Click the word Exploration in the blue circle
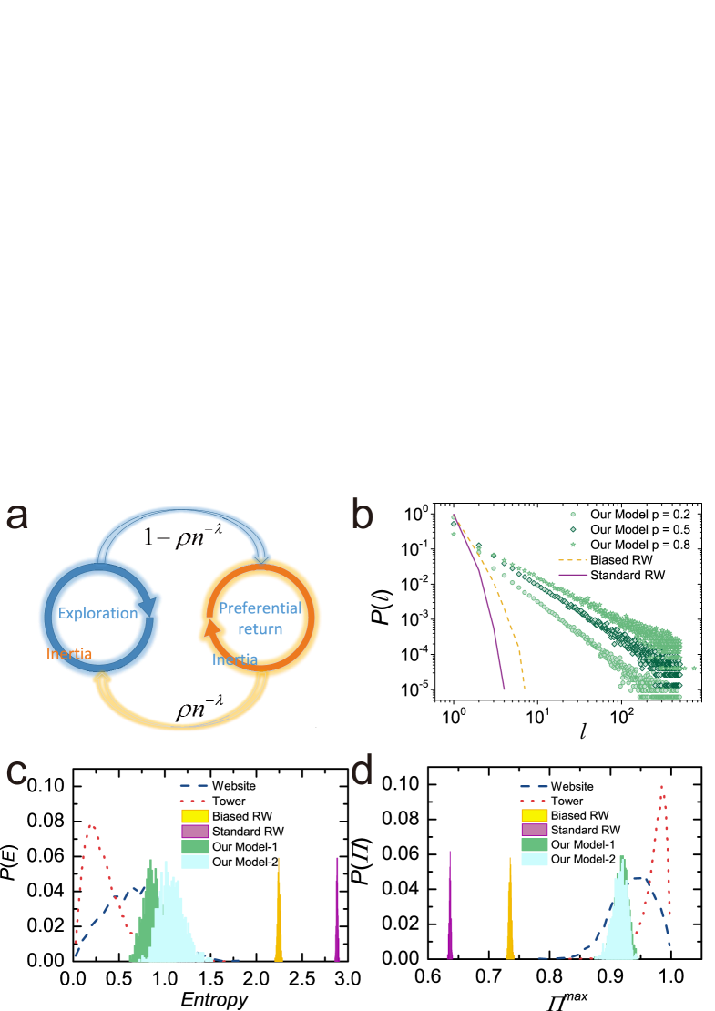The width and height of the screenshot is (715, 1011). coord(97,613)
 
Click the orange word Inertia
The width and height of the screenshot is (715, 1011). coord(68,654)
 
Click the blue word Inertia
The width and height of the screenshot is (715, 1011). coord(235,659)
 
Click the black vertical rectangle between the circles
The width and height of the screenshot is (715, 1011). coord(180,618)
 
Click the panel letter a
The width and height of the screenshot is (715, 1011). coord(17,516)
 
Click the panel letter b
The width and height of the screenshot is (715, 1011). coord(363,516)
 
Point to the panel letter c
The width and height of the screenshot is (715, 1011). coord(16,771)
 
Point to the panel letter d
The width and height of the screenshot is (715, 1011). coord(363,771)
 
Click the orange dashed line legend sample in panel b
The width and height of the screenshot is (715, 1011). coord(573,560)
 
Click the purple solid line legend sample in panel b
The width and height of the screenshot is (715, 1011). coord(573,575)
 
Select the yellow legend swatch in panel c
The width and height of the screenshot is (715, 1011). coord(196,815)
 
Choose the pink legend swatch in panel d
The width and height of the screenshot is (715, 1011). coord(534,830)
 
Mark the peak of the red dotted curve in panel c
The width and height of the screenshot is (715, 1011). coord(90,826)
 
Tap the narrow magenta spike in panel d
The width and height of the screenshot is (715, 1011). coord(450,911)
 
